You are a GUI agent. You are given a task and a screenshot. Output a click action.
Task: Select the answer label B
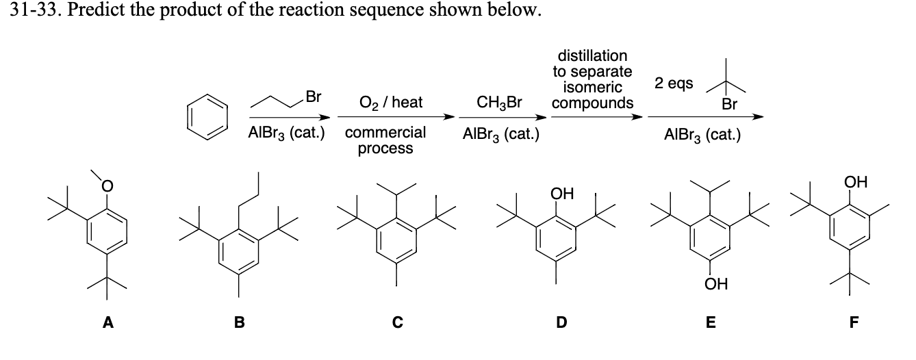[x=240, y=323]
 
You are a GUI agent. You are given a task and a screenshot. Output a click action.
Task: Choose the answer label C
[x=397, y=323]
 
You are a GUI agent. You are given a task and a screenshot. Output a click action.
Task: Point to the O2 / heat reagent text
[x=390, y=103]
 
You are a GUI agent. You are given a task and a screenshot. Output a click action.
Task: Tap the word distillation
[x=593, y=55]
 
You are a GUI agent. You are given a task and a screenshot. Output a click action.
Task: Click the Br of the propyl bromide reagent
[x=314, y=97]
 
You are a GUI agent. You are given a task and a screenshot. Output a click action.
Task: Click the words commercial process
[x=385, y=140]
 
